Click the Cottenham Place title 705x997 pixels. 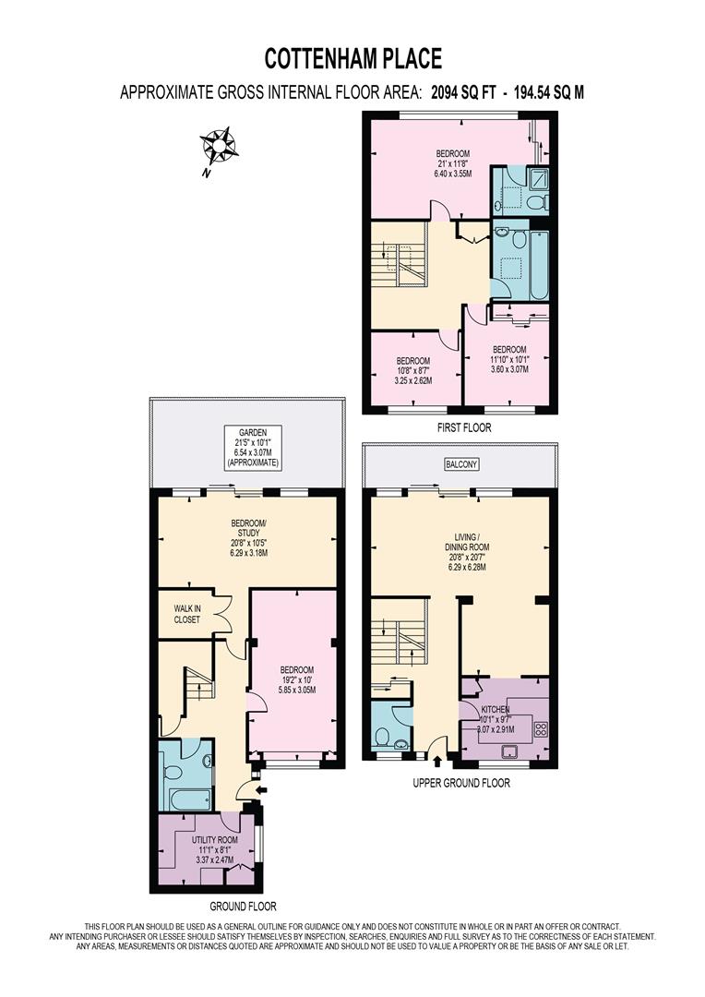coord(353,59)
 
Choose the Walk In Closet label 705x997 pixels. coord(187,614)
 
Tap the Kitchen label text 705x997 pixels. coord(495,709)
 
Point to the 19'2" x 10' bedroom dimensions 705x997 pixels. coord(297,684)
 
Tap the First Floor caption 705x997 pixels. coord(464,427)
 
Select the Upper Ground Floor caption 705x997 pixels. coord(462,783)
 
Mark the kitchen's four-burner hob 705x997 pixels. coord(540,729)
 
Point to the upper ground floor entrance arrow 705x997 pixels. coord(437,763)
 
